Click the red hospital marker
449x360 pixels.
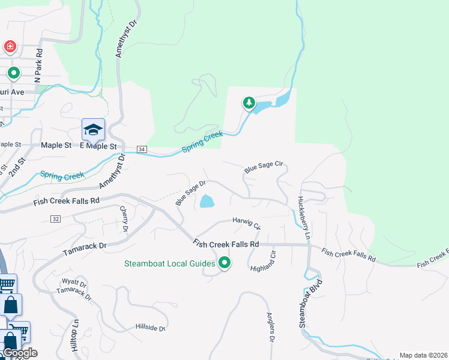tap(10, 46)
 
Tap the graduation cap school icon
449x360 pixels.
tap(93, 129)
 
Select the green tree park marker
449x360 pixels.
tap(249, 103)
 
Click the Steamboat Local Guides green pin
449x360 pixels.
tap(225, 263)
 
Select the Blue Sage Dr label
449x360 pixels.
tap(191, 193)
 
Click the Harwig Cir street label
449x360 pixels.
tap(246, 223)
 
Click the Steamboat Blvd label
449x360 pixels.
tap(310, 303)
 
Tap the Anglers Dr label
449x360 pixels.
tap(270, 328)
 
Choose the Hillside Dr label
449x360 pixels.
tap(151, 328)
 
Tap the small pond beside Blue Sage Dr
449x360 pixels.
tap(206, 202)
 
